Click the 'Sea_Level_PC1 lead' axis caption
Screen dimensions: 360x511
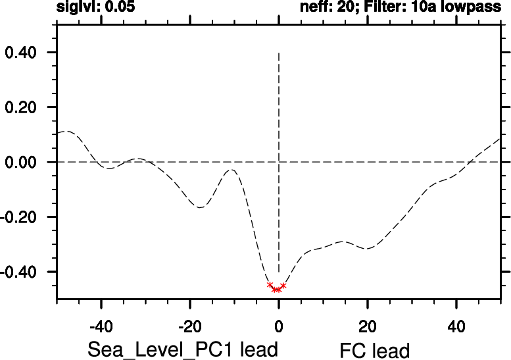[182, 349]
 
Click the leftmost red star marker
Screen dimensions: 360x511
[270, 284]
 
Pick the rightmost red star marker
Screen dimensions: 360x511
[283, 286]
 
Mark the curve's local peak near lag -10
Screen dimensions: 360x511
[231, 170]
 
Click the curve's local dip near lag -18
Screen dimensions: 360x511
[201, 207]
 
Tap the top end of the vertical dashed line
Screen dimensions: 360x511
[279, 53]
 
